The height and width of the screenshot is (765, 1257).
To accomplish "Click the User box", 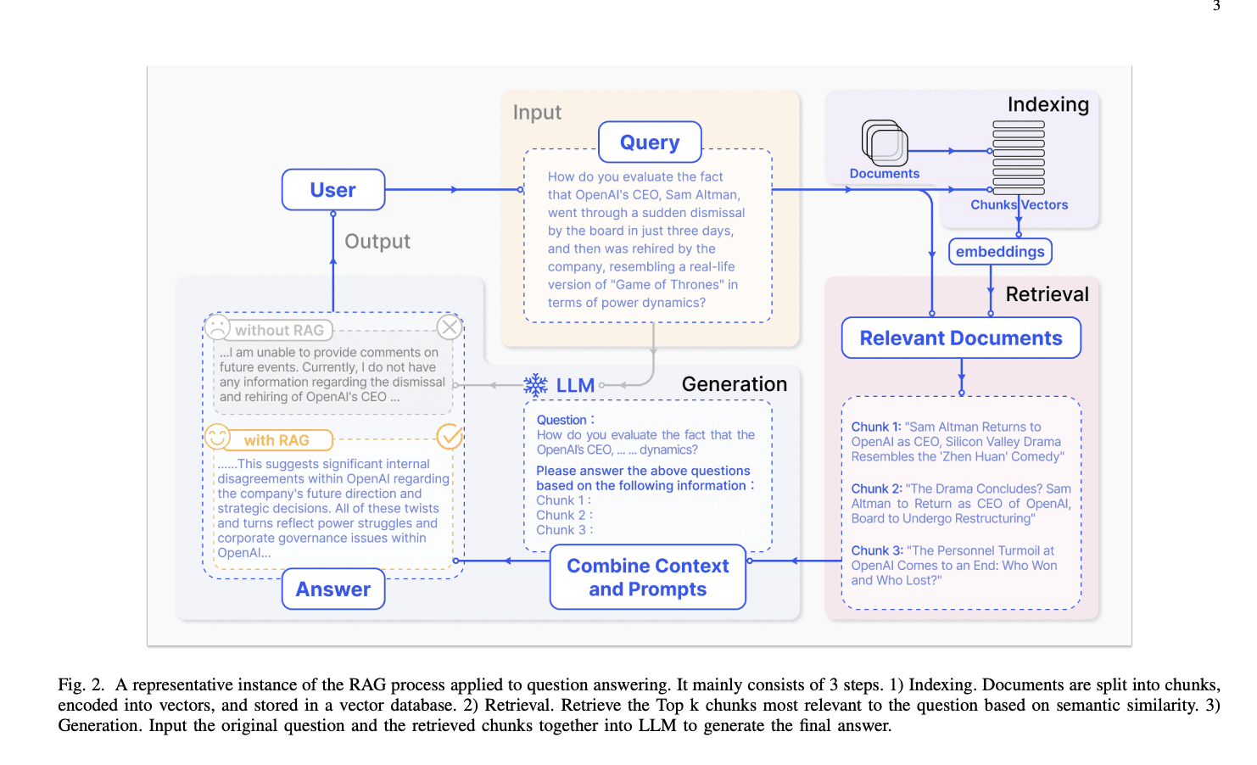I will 333,190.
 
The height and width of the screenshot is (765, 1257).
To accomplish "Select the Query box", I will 650,142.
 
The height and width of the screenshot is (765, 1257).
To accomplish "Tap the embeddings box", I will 1000,252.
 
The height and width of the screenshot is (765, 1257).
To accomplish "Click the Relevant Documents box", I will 961,338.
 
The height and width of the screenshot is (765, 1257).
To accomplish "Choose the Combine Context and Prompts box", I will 648,578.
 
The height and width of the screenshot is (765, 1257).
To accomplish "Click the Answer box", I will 333,589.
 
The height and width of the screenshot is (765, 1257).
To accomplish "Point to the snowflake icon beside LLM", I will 535,385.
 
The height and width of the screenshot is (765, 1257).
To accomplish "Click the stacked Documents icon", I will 885,142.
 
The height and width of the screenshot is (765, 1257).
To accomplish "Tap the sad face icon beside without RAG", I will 218,328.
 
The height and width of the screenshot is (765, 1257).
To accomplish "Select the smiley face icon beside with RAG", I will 218,438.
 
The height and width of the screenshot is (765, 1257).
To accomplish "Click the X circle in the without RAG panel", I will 450,327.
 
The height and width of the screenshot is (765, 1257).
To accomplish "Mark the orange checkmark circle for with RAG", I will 450,437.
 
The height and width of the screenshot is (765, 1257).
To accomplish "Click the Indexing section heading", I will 1047,105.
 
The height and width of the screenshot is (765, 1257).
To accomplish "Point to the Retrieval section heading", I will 1047,294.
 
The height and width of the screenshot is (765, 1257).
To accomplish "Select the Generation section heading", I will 734,384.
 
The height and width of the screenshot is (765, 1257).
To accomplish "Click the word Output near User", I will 377,242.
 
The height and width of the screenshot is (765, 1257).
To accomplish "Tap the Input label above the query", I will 537,113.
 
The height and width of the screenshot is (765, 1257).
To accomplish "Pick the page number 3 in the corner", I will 1216,6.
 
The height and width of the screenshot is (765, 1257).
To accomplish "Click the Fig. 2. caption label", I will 81,685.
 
